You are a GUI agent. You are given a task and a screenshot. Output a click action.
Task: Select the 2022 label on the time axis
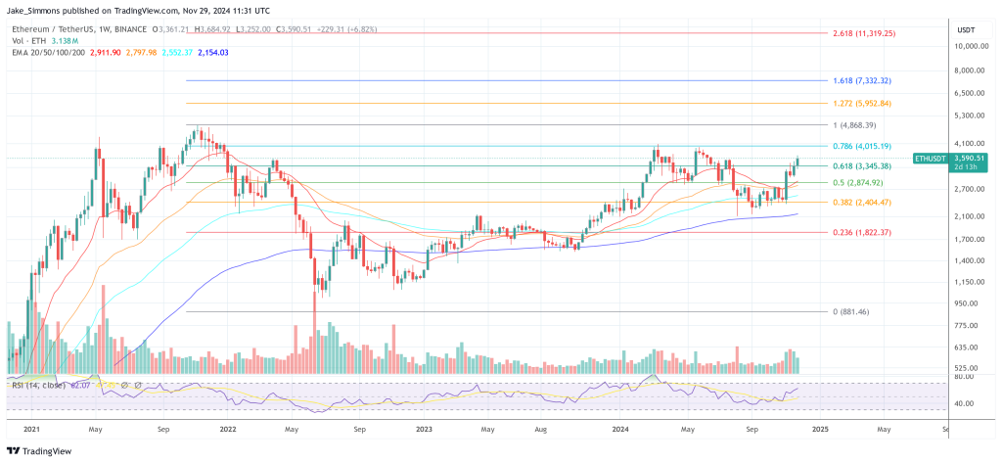click(228, 429)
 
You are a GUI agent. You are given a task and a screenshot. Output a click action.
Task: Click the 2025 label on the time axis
click(820, 429)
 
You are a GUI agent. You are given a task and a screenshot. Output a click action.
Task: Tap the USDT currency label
click(965, 29)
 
